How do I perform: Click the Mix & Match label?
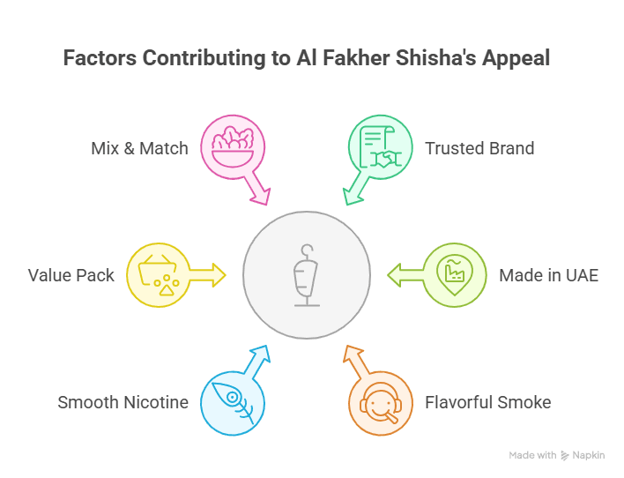pos(139,148)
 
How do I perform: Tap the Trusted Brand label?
pos(479,148)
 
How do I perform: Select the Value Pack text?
pos(71,275)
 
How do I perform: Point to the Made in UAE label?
pos(549,275)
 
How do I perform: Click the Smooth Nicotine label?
pos(123,402)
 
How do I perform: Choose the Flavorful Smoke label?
pos(488,402)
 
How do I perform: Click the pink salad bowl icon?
pos(233,146)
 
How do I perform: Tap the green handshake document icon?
pos(381,146)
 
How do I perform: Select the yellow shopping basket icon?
pos(159,275)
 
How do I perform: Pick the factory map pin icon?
pos(455,274)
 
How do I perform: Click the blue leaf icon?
pos(233,402)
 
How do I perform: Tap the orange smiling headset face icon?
pos(381,403)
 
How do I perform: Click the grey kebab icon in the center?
pos(307,275)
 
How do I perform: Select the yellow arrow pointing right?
pos(207,275)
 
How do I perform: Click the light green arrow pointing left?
pos(406,275)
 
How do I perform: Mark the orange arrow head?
pos(353,355)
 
